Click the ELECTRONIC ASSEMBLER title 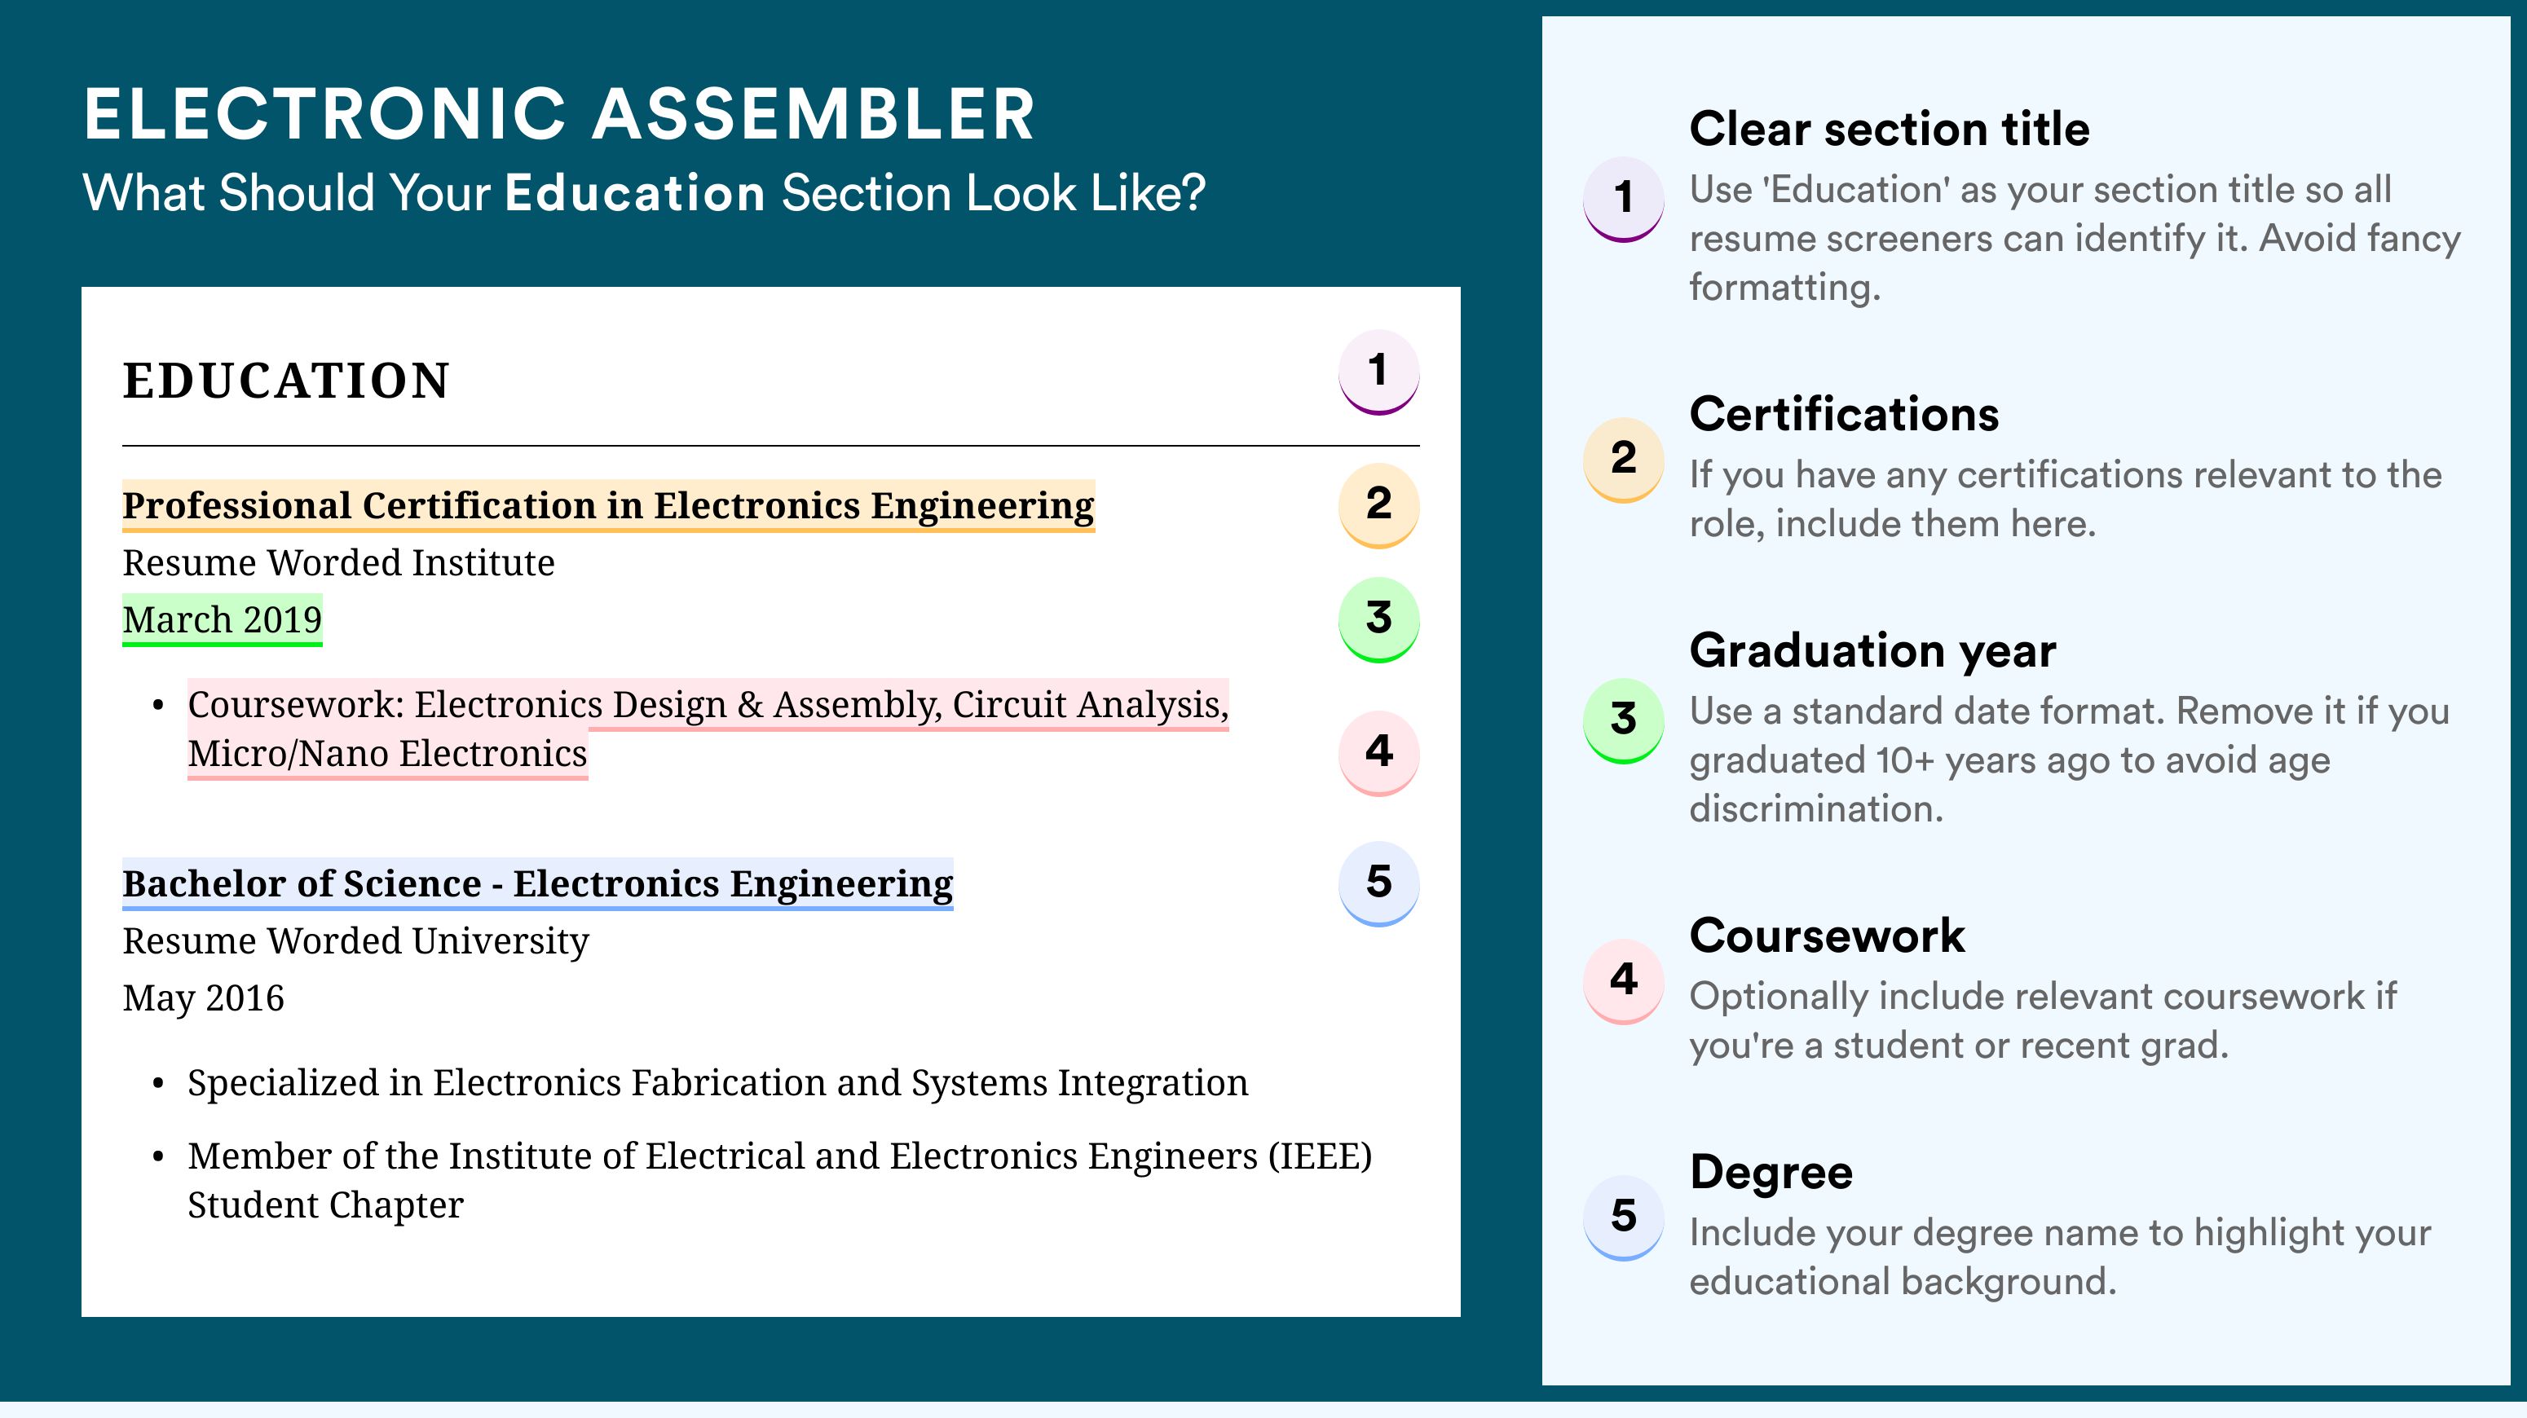tap(559, 114)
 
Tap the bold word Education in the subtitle tap(635, 192)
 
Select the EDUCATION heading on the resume tap(285, 381)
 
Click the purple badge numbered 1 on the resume tap(1378, 372)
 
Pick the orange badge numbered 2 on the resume tap(1378, 505)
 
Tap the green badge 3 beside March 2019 tap(1378, 619)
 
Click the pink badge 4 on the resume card tap(1378, 753)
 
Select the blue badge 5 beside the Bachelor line tap(1378, 883)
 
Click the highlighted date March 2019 tap(222, 619)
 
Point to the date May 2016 tap(203, 998)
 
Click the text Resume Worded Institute tap(338, 563)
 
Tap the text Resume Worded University tap(355, 941)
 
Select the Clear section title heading tap(1890, 129)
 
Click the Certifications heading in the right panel tap(1844, 414)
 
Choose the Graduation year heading tap(1872, 650)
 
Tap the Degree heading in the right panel tap(1771, 1172)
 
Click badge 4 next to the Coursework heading tap(1624, 980)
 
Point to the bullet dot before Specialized tap(158, 1085)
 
